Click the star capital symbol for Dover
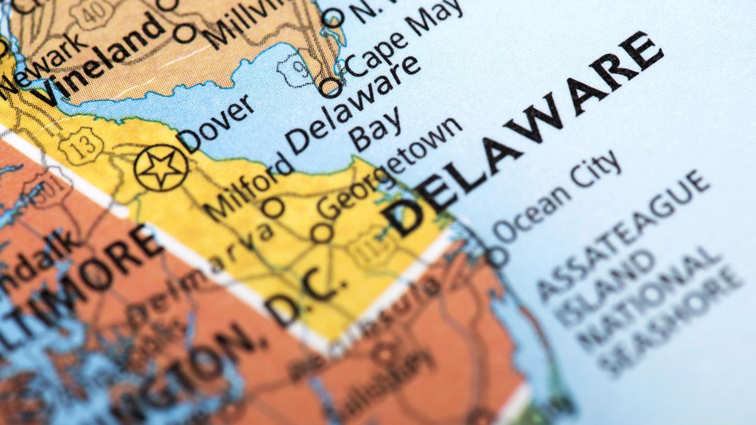(161, 167)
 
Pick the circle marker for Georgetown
(322, 232)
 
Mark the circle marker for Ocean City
(497, 256)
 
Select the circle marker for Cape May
(329, 87)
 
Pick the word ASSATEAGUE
(624, 232)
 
